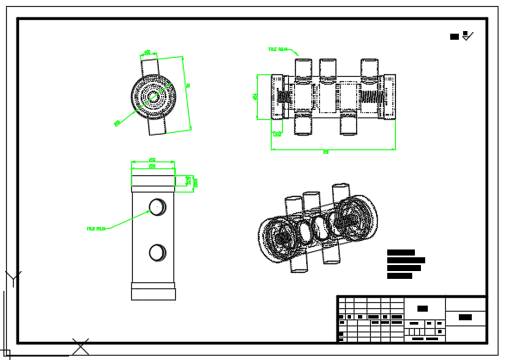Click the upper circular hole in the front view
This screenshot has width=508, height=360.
pos(157,206)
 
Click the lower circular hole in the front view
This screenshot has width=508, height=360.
pos(157,252)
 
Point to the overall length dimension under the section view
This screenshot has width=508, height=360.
pos(326,152)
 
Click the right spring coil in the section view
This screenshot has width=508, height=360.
pos(373,96)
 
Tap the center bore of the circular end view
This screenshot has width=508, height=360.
pos(153,97)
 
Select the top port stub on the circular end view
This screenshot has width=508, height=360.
pos(150,66)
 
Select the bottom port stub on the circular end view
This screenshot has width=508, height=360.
pos(156,126)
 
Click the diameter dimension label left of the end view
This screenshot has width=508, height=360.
pos(117,123)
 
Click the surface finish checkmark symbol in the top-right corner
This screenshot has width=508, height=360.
pos(467,36)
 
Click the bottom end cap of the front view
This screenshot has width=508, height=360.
pos(153,291)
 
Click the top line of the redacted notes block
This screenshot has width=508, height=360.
pos(400,252)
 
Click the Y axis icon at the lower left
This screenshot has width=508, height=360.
pos(13,278)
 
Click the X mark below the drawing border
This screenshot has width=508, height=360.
pos(80,346)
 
